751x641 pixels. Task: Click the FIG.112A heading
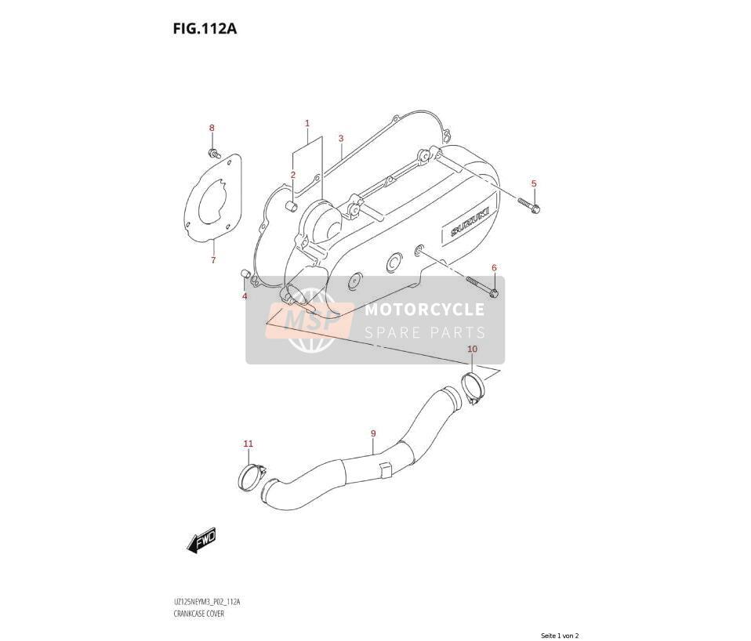(x=205, y=29)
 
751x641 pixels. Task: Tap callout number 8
(x=212, y=128)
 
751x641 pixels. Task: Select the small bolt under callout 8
(x=213, y=153)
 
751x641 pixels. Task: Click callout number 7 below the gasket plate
(x=213, y=260)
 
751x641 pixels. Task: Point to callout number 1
(x=307, y=123)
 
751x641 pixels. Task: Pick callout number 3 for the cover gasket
(x=341, y=139)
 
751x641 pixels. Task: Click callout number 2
(x=292, y=175)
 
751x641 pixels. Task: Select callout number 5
(x=534, y=183)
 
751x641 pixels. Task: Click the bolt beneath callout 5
(x=529, y=205)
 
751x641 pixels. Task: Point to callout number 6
(x=494, y=267)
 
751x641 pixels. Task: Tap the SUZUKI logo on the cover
(x=470, y=222)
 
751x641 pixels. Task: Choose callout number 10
(x=472, y=349)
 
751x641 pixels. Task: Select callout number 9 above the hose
(x=373, y=433)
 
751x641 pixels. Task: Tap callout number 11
(x=248, y=444)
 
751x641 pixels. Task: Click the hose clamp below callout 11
(x=252, y=477)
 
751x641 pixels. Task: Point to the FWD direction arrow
(x=201, y=541)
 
